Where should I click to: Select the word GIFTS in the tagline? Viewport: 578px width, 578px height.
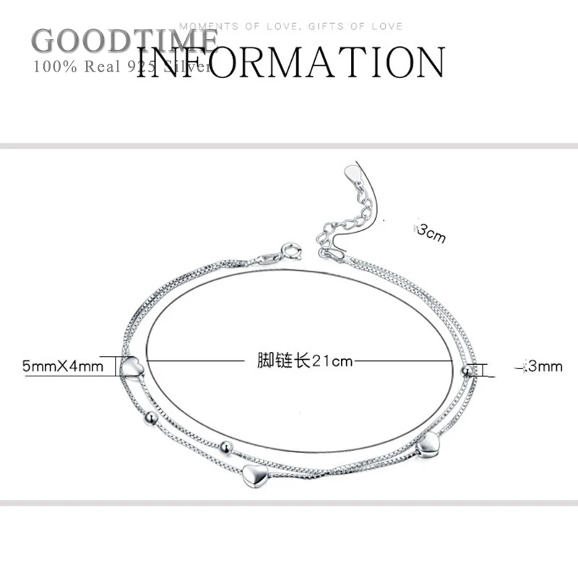click(x=324, y=27)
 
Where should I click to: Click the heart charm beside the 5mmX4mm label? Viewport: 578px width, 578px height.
click(x=132, y=367)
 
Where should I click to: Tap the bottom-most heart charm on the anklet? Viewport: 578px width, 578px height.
click(x=254, y=475)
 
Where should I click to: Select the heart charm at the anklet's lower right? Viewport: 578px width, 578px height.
click(x=428, y=443)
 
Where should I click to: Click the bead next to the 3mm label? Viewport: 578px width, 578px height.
click(x=467, y=371)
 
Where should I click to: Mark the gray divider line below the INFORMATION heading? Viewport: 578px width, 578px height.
click(x=289, y=146)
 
